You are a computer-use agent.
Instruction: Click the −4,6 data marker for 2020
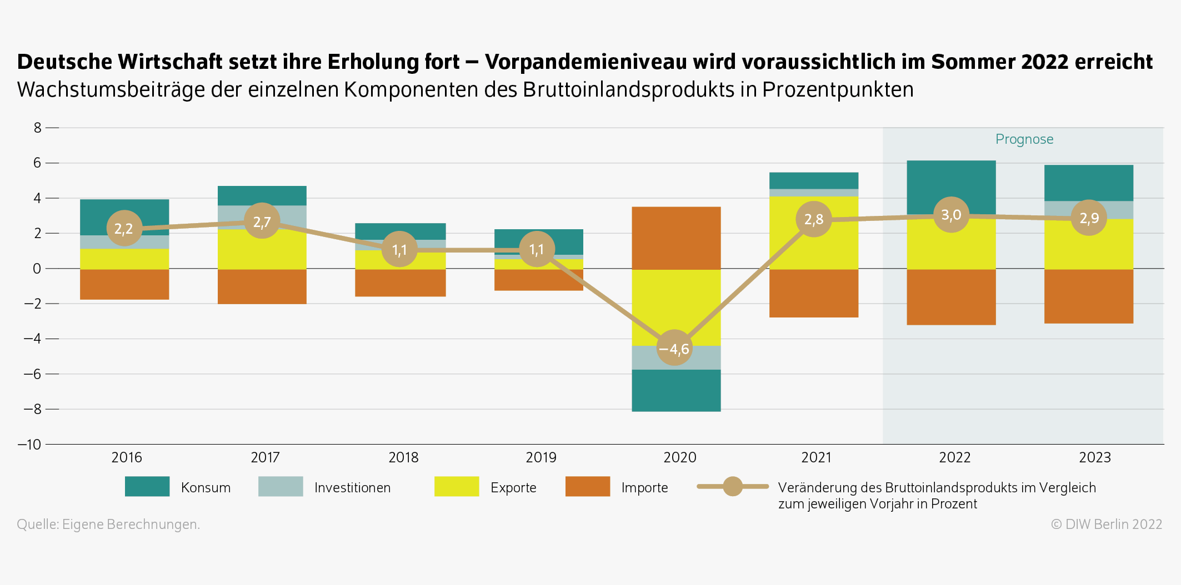pyautogui.click(x=674, y=348)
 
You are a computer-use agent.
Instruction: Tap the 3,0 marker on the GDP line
pyautogui.click(x=952, y=215)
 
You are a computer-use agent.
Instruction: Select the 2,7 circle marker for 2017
pyautogui.click(x=262, y=221)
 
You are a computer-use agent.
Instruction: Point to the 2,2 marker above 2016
pyautogui.click(x=124, y=228)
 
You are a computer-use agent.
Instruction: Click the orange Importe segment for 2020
pyautogui.click(x=676, y=238)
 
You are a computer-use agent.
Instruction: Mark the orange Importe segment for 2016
pyautogui.click(x=124, y=284)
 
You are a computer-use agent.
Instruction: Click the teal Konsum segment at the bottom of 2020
pyautogui.click(x=676, y=390)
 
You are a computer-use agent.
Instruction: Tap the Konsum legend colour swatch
pyautogui.click(x=147, y=487)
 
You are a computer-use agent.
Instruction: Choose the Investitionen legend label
pyautogui.click(x=352, y=488)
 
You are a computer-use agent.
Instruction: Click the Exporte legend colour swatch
pyautogui.click(x=456, y=487)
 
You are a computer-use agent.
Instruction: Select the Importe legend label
pyautogui.click(x=644, y=488)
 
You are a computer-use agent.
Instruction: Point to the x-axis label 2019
pyautogui.click(x=541, y=457)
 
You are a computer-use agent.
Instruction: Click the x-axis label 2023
pyautogui.click(x=1094, y=457)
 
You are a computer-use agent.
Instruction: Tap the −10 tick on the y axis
pyautogui.click(x=30, y=445)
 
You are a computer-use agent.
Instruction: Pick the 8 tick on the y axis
pyautogui.click(x=37, y=128)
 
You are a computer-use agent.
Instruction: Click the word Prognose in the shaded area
pyautogui.click(x=1024, y=139)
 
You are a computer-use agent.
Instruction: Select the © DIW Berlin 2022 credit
pyautogui.click(x=1106, y=525)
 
